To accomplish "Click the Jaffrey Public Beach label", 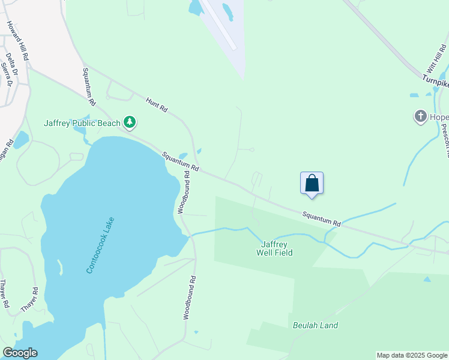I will tap(82, 124).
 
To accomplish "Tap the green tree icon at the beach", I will tap(130, 123).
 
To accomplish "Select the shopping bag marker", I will tap(312, 183).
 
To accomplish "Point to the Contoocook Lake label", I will tap(100, 245).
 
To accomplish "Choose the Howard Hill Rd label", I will tap(17, 40).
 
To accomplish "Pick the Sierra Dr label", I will tap(6, 74).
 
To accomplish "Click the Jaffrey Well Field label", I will tap(277, 248).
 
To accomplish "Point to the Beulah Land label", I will tap(315, 326).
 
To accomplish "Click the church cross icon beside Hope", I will tap(420, 115).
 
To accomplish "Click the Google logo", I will tap(20, 353).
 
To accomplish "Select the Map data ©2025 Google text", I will tap(412, 355).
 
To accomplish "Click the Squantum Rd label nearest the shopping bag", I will tap(321, 218).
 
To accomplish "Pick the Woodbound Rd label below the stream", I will tap(188, 297).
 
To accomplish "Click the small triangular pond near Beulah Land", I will tap(427, 279).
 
